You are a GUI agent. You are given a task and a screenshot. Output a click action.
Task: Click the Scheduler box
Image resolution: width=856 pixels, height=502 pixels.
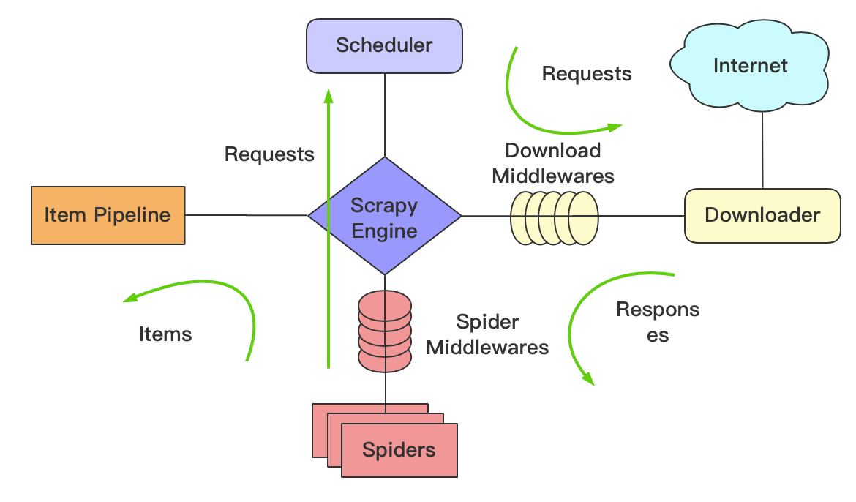coord(384,45)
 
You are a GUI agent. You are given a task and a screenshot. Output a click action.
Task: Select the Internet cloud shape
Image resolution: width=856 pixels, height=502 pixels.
coord(751,66)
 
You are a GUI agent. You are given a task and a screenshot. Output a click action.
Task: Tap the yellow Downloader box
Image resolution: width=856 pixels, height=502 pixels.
coord(762,215)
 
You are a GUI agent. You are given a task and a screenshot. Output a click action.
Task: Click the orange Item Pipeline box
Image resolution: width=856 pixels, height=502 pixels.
coord(108,215)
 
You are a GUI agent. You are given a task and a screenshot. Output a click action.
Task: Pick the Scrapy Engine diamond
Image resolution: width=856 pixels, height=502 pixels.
coord(384,217)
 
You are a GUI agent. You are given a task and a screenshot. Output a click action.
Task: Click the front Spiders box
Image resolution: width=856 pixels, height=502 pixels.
coord(399,449)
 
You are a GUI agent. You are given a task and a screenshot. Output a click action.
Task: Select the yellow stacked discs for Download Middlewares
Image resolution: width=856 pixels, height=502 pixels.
coord(554,217)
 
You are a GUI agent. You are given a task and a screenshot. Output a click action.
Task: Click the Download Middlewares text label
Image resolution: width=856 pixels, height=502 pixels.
coord(553,163)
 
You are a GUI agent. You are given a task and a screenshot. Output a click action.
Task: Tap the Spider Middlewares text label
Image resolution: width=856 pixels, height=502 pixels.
coord(487,334)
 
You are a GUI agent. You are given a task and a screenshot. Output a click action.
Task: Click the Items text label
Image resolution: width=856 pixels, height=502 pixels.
coord(165,334)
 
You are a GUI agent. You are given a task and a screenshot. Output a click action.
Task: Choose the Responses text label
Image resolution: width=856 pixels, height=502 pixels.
coord(658,322)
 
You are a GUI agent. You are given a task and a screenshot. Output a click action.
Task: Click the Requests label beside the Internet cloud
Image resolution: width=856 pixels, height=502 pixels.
coord(587,74)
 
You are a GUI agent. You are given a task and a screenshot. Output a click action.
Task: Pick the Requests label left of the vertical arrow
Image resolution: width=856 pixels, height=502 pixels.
coord(269,154)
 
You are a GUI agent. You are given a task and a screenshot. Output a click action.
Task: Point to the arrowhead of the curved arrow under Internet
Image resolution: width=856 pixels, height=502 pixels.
coord(616,127)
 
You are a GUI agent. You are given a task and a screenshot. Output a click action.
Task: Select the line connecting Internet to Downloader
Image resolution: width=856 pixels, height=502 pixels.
coord(762,150)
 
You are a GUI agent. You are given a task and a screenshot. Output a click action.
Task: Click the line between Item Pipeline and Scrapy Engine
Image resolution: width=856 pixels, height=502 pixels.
coord(246,215)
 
